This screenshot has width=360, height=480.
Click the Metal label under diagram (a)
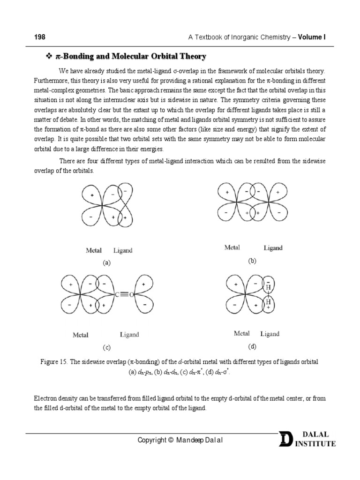(94, 250)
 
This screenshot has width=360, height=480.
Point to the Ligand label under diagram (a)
(123, 250)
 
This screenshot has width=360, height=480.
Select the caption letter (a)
(107, 263)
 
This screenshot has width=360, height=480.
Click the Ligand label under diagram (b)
(273, 247)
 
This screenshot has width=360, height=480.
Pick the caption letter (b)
(253, 261)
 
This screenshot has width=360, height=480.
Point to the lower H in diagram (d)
(268, 302)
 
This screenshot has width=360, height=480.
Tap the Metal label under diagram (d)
(242, 334)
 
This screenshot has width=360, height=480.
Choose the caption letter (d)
(253, 346)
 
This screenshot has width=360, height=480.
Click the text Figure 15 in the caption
(48, 362)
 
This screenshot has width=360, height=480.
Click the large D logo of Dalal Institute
(285, 440)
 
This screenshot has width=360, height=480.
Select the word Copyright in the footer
(151, 440)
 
